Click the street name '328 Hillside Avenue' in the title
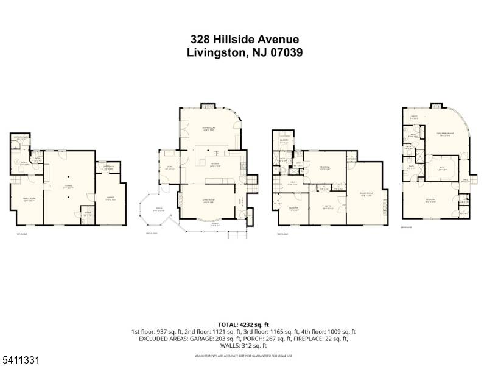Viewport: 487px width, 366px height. tap(243, 39)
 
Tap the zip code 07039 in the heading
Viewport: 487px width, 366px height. tap(283, 52)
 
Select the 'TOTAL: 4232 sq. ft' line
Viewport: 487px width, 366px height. tap(243, 323)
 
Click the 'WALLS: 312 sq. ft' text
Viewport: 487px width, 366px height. tap(243, 345)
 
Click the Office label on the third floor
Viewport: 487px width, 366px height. tap(328, 207)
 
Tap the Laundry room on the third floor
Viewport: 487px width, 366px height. tap(284, 141)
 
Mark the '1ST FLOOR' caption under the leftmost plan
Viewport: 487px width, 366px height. tap(23, 234)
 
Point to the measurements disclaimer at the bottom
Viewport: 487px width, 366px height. tap(243, 355)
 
